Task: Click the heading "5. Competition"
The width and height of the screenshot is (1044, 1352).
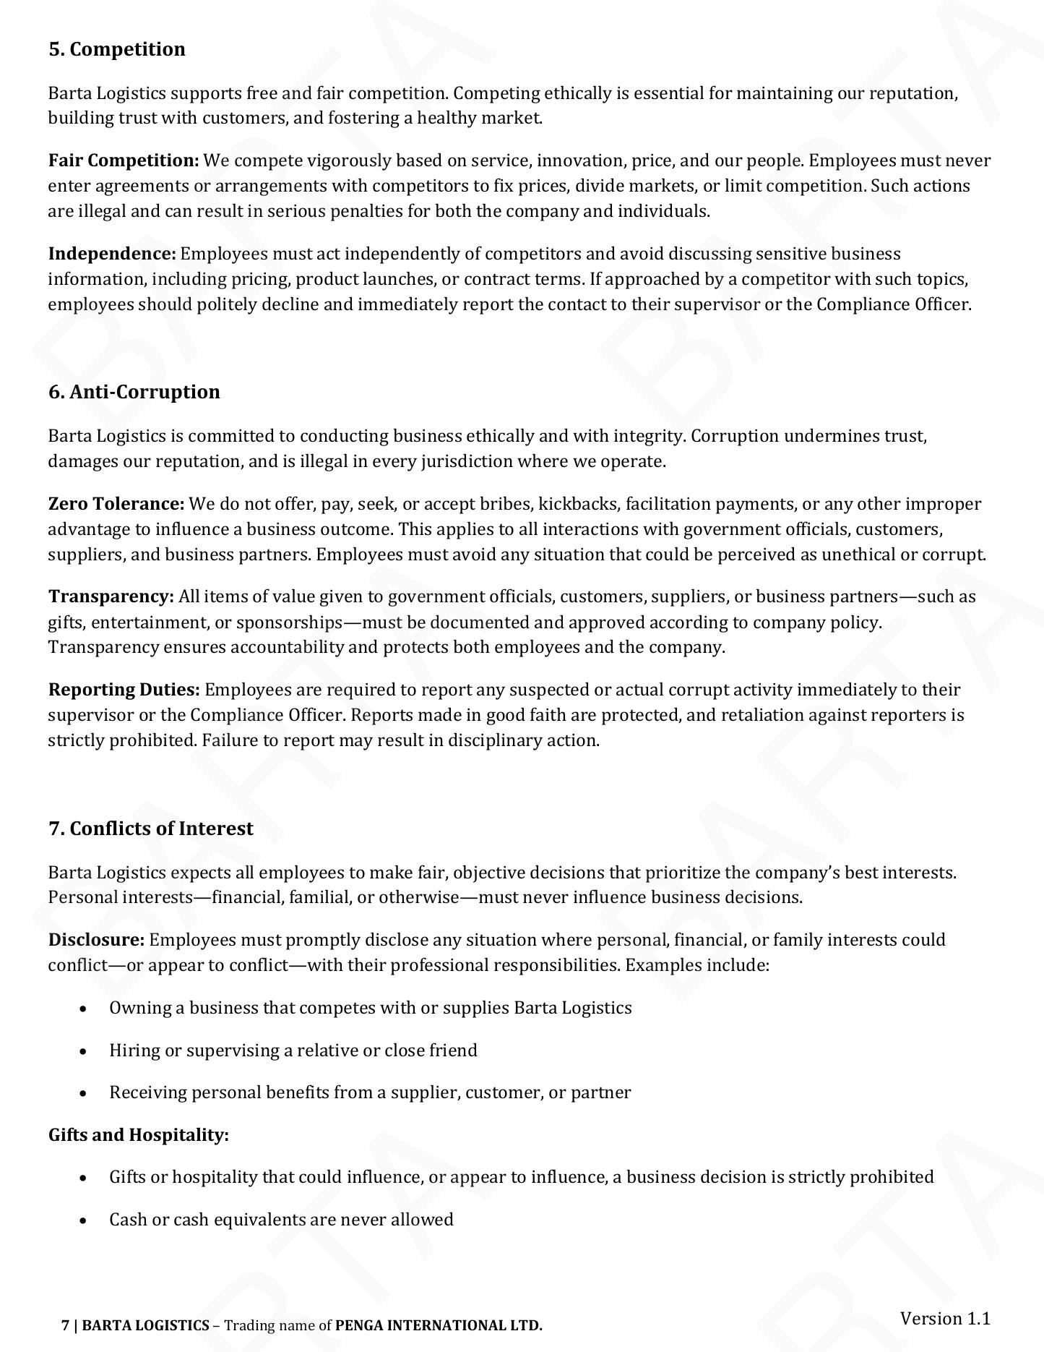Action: click(x=116, y=49)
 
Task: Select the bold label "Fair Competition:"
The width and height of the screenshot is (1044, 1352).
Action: click(x=124, y=161)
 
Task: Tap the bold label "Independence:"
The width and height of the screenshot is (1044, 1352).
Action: click(x=112, y=254)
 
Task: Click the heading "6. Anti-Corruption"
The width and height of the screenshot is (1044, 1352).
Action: click(x=134, y=392)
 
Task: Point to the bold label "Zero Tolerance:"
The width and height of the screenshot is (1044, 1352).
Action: click(x=116, y=504)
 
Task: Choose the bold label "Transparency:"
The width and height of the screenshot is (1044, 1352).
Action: click(x=111, y=596)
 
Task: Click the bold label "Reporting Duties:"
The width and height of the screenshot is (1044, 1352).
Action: click(x=124, y=690)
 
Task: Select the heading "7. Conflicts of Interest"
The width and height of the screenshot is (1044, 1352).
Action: click(x=150, y=829)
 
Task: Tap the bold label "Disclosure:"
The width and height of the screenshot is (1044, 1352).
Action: click(x=96, y=940)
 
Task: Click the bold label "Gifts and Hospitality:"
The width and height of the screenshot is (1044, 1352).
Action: click(x=138, y=1135)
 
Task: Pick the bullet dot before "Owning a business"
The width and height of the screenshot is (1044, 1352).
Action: click(x=85, y=1009)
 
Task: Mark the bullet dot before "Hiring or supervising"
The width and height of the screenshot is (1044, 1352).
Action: click(x=85, y=1051)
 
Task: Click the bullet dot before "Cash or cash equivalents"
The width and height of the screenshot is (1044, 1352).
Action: click(x=85, y=1220)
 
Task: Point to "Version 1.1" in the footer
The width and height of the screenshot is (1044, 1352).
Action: click(x=944, y=1318)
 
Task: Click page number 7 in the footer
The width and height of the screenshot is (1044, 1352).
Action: click(x=65, y=1325)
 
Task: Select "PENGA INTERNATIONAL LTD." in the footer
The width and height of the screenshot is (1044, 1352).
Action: click(x=439, y=1325)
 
